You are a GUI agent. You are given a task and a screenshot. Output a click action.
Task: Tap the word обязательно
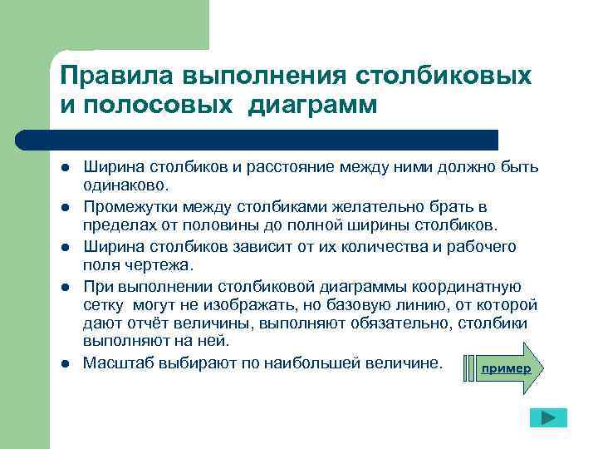pos(383,323)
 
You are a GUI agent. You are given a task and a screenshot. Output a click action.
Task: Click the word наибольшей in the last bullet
pos(326,364)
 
